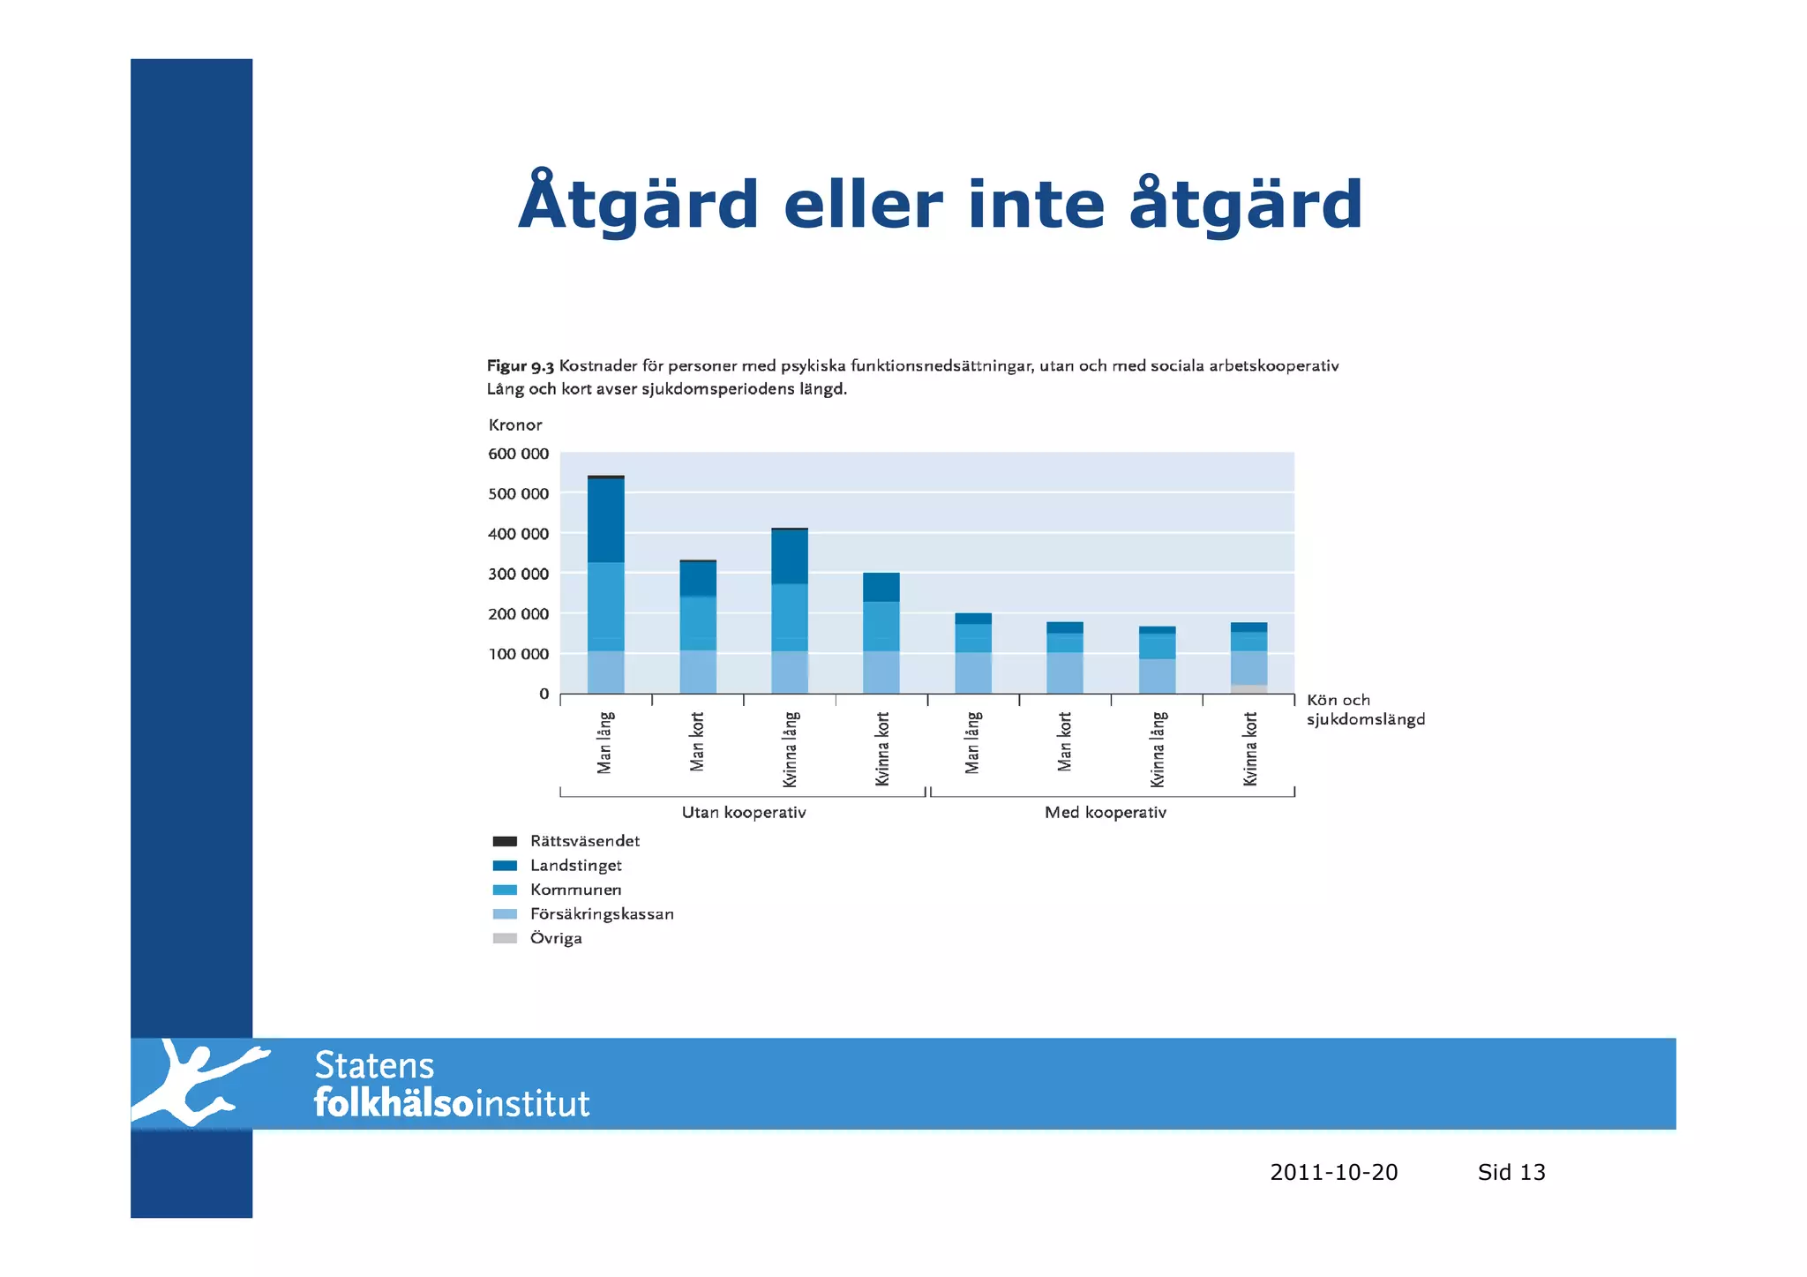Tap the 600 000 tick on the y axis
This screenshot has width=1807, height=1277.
tap(518, 454)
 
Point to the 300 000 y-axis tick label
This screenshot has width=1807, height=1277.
tap(518, 574)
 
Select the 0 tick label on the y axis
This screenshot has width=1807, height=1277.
tap(544, 694)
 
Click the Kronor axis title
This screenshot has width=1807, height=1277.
tap(515, 424)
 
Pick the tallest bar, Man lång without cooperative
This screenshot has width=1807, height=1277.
tap(605, 584)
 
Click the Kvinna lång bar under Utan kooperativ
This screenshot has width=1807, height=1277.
tap(790, 611)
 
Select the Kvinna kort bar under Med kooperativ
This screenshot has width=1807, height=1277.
tap(1248, 658)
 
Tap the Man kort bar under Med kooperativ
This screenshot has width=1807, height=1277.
tap(1065, 657)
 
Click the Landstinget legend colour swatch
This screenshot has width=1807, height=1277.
tap(505, 866)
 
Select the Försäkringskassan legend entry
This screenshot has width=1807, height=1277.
tap(601, 914)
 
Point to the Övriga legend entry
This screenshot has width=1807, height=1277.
tap(556, 938)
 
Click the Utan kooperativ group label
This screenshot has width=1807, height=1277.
tap(744, 812)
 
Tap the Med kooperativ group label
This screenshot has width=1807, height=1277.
tap(1105, 812)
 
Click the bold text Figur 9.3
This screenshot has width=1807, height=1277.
tap(521, 365)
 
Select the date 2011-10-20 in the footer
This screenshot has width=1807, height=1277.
tap(1333, 1172)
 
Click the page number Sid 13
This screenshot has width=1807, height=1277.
tap(1511, 1172)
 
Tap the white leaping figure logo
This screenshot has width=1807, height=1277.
tap(199, 1083)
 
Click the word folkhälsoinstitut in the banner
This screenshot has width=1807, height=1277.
tap(452, 1104)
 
